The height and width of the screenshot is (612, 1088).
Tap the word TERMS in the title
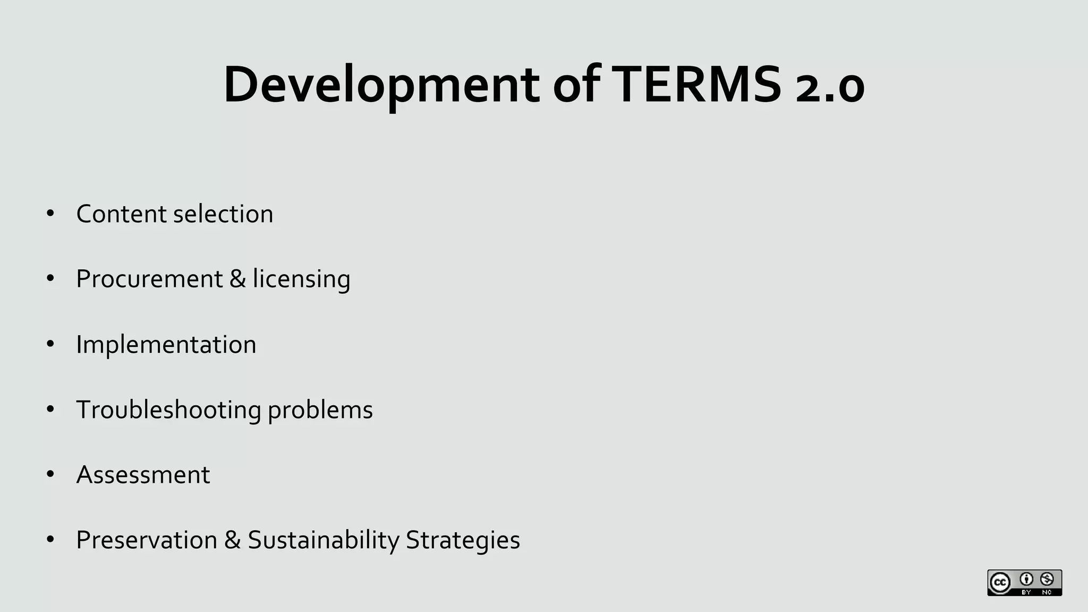click(x=696, y=85)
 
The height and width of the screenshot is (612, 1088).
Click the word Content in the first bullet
click(x=121, y=214)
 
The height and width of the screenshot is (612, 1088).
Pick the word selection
click(x=223, y=214)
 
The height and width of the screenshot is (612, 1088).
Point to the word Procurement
click(x=149, y=279)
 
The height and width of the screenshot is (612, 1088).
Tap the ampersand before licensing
click(x=238, y=279)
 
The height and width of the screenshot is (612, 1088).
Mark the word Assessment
click(x=143, y=475)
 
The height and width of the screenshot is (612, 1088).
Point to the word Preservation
click(x=147, y=540)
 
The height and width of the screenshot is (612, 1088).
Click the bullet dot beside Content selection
click(x=50, y=214)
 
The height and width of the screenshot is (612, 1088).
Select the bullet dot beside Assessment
click(x=50, y=474)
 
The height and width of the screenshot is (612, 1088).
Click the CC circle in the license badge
click(x=1000, y=583)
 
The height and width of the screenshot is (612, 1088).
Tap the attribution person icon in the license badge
click(x=1026, y=579)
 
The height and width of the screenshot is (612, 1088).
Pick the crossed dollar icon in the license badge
click(x=1047, y=579)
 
